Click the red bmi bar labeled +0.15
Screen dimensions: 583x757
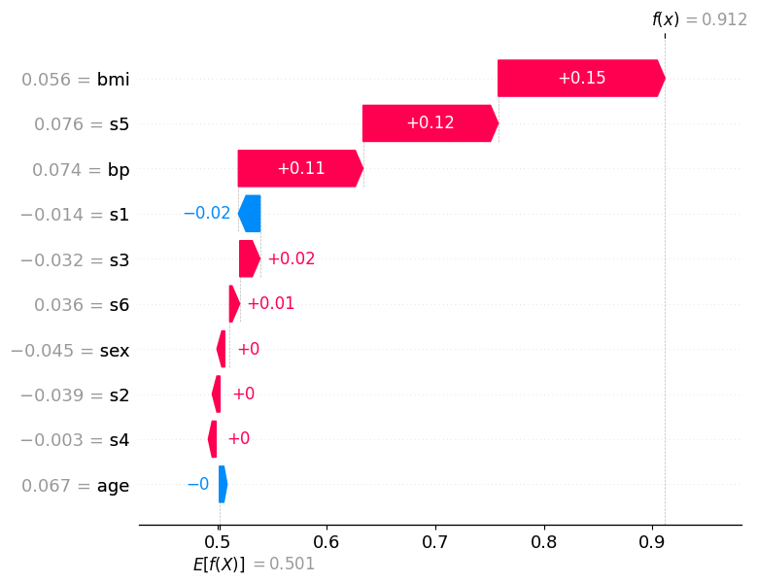[581, 78]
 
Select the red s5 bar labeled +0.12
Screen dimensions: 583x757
[430, 123]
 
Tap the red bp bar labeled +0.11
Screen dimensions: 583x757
[300, 168]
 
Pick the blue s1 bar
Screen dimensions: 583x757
[250, 214]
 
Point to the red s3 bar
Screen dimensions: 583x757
[250, 258]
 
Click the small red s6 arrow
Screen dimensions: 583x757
[234, 304]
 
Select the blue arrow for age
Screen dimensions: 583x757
[223, 484]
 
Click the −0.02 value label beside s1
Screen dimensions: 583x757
[206, 214]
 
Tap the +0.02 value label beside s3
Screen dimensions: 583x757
[291, 258]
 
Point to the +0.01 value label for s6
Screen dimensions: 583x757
[270, 304]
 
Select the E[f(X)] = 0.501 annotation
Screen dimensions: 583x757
[254, 564]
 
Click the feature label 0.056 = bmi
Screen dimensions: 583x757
[75, 80]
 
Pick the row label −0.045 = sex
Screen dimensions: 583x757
[69, 350]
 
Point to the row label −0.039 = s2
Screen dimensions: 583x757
[75, 394]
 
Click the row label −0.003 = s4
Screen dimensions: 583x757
[75, 440]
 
